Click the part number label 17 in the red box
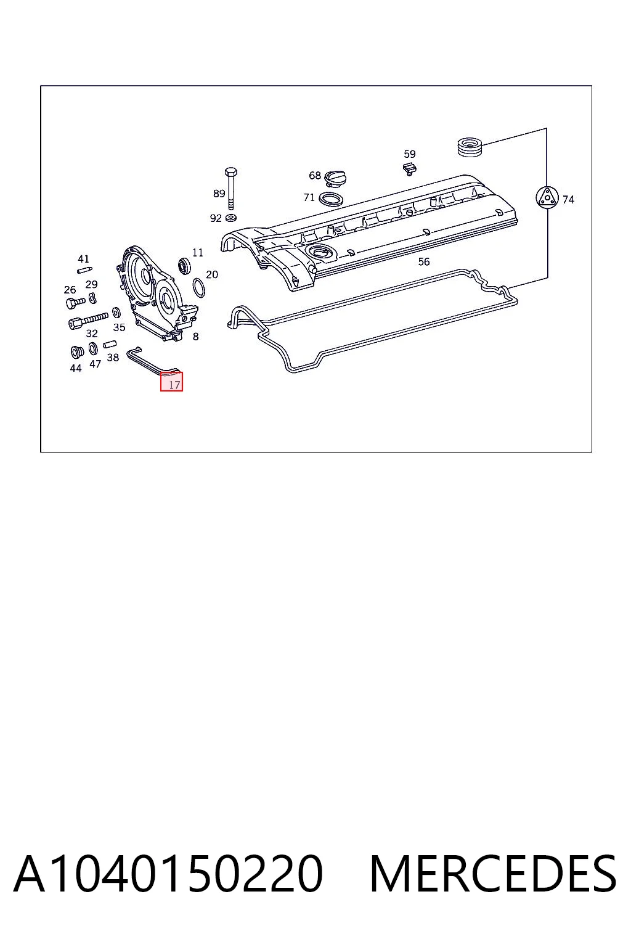pyautogui.click(x=174, y=385)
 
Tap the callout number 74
pyautogui.click(x=568, y=200)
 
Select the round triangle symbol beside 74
pyautogui.click(x=547, y=197)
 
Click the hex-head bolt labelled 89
pyautogui.click(x=230, y=188)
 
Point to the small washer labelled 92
pyautogui.click(x=230, y=218)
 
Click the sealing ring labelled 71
pyautogui.click(x=330, y=199)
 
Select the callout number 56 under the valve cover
pyautogui.click(x=423, y=261)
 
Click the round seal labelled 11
pyautogui.click(x=185, y=265)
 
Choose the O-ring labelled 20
pyautogui.click(x=199, y=288)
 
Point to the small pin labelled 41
pyautogui.click(x=85, y=269)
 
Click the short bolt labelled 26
pyautogui.click(x=76, y=302)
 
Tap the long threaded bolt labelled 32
pyautogui.click(x=88, y=320)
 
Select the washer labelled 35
pyautogui.click(x=116, y=313)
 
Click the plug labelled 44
pyautogui.click(x=77, y=352)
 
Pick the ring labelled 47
pyautogui.click(x=93, y=349)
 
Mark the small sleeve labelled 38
pyautogui.click(x=110, y=344)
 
